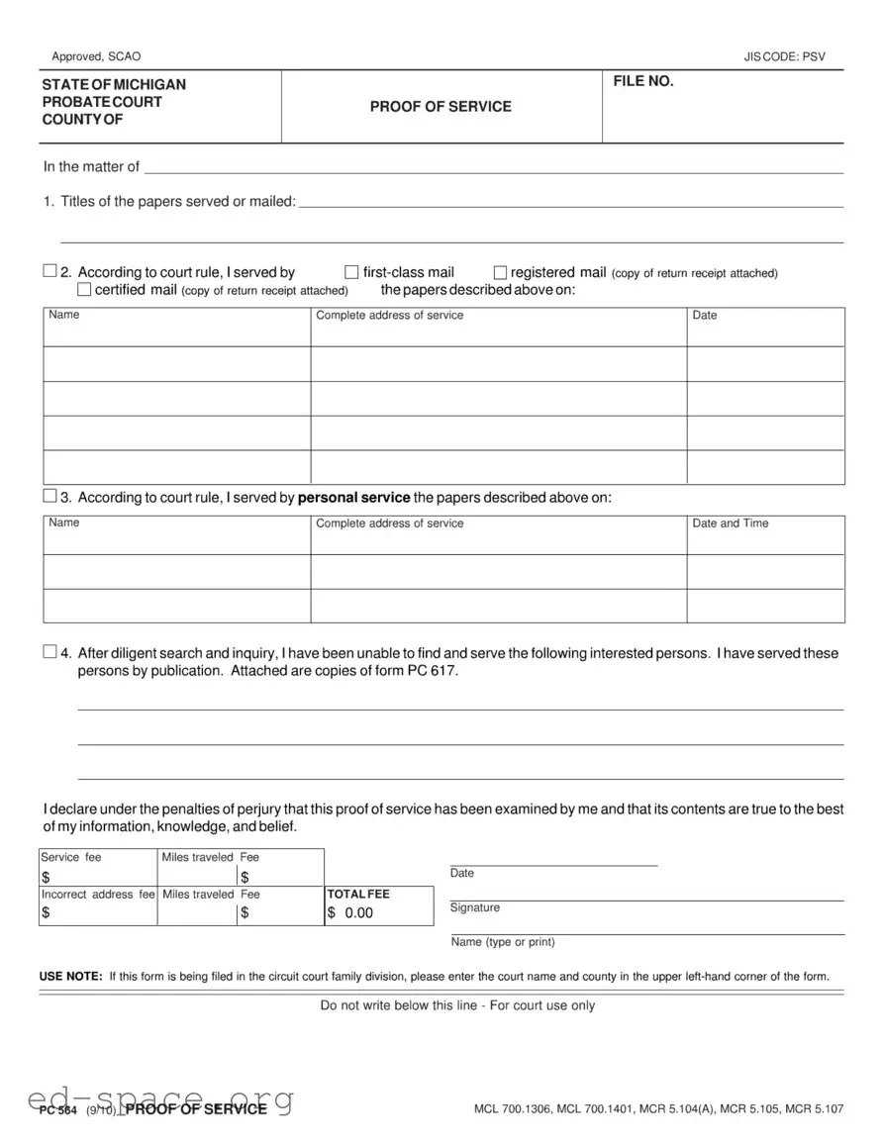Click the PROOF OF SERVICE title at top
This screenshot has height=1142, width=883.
click(441, 107)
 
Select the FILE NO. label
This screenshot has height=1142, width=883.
click(643, 82)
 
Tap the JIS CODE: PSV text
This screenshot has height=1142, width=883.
click(784, 57)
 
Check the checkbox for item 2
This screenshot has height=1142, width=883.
click(50, 271)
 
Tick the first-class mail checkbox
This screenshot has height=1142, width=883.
click(351, 272)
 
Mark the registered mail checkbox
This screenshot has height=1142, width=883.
click(500, 272)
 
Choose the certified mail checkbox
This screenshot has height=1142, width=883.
click(84, 290)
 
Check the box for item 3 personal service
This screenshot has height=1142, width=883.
click(50, 496)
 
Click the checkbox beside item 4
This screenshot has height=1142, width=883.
click(50, 652)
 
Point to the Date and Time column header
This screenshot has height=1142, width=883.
click(730, 523)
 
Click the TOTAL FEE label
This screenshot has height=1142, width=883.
click(358, 894)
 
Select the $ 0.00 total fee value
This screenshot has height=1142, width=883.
click(350, 912)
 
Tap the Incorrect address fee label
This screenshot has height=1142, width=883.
click(98, 894)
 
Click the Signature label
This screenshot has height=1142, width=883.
click(475, 907)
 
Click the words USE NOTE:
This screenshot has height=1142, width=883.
click(70, 977)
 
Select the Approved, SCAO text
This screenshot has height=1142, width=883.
click(96, 57)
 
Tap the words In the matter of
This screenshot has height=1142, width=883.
click(91, 166)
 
